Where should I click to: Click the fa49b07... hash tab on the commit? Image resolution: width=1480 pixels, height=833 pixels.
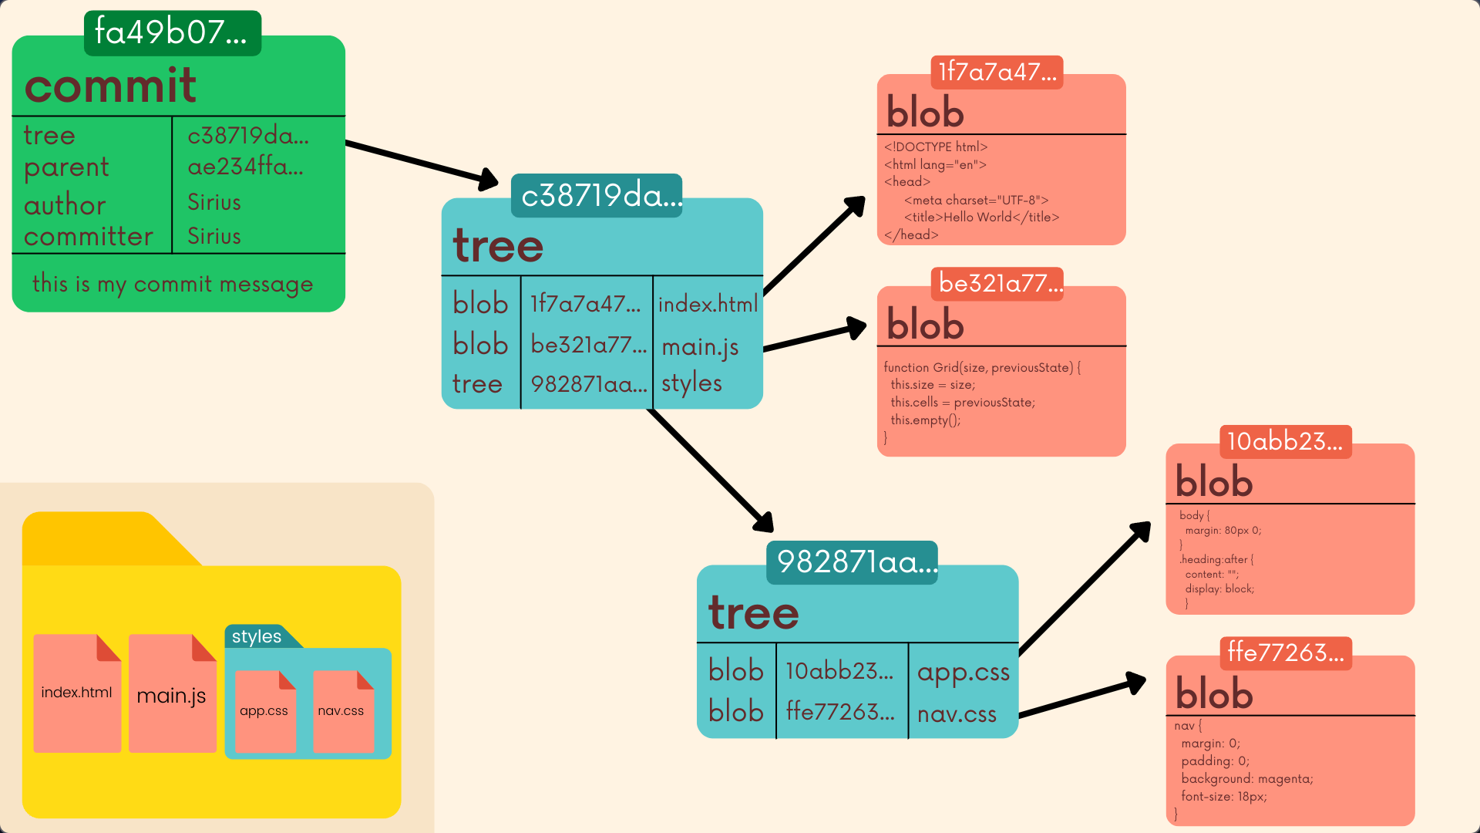coord(172,32)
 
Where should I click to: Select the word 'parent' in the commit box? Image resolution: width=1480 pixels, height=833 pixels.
coord(66,167)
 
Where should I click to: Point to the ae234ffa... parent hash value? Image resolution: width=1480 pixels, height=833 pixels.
coord(245,166)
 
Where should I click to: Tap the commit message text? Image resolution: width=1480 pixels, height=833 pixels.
coord(173,284)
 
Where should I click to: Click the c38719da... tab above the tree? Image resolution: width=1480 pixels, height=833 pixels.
coord(597,195)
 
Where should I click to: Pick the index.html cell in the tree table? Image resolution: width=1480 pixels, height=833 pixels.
coord(708,304)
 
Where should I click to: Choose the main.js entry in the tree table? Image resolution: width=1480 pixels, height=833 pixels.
coord(700,346)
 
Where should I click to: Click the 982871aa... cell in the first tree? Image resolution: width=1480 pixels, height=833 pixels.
coord(588,383)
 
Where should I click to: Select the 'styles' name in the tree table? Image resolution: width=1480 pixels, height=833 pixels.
coord(691,383)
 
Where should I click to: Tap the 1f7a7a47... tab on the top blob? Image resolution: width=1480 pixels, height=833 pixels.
coord(997,72)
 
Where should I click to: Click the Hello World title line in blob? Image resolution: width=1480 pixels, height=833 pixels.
coord(981,218)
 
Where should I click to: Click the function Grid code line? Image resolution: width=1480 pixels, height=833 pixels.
coord(982,367)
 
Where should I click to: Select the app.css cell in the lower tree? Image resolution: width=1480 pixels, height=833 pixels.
coord(963,672)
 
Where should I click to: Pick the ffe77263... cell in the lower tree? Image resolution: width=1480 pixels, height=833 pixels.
coord(840,711)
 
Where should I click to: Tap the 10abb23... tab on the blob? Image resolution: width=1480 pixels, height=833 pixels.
coord(1285,441)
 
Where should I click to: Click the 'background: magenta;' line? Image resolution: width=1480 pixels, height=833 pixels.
coord(1246,779)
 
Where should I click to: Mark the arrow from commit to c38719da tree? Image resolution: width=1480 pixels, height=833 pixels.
coord(420,162)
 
